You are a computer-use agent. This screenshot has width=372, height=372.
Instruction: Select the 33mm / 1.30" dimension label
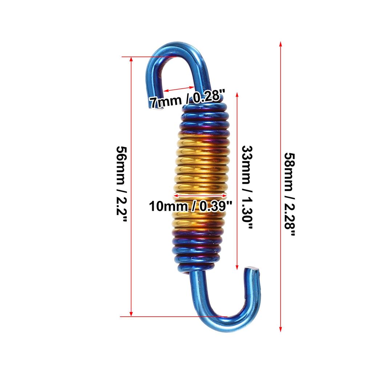coord(247,187)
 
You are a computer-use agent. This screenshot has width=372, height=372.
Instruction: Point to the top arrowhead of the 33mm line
coord(238,94)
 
